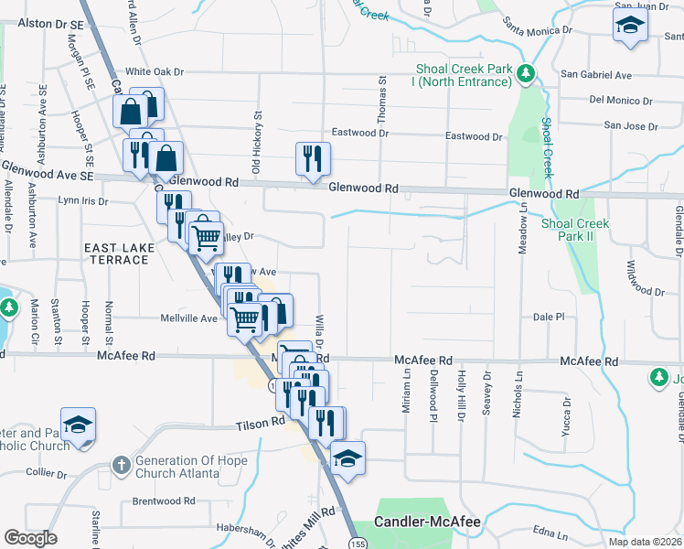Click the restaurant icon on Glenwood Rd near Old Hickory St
click(312, 158)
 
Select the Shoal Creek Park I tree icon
click(526, 72)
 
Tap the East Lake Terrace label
click(116, 253)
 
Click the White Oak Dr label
click(155, 71)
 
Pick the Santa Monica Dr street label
click(534, 30)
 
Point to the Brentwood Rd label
click(165, 501)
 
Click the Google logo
click(30, 537)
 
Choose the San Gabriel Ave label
click(596, 74)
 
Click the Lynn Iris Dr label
click(82, 199)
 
